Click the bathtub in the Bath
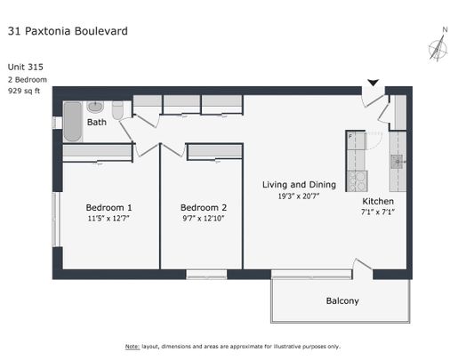pyautogui.click(x=72, y=122)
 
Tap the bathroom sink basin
pyautogui.click(x=95, y=108)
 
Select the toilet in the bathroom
pyautogui.click(x=118, y=110)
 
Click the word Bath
pyautogui.click(x=96, y=123)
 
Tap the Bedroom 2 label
pyautogui.click(x=203, y=206)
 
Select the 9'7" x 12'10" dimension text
pyautogui.click(x=203, y=218)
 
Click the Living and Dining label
pyautogui.click(x=299, y=185)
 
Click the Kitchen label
pyautogui.click(x=378, y=202)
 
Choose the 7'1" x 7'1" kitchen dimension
pyautogui.click(x=378, y=213)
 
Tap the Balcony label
pyautogui.click(x=341, y=300)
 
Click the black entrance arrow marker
pyautogui.click(x=374, y=84)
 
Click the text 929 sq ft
pyautogui.click(x=26, y=91)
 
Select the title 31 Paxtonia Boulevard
pyautogui.click(x=68, y=31)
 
